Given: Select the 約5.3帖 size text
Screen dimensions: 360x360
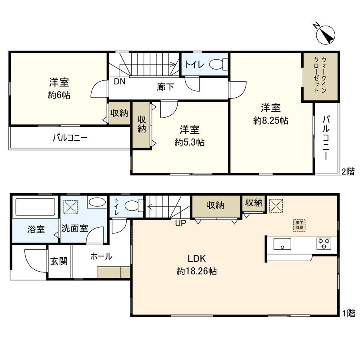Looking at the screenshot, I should click(190, 142).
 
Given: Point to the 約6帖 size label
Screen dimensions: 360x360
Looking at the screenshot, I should click(59, 96).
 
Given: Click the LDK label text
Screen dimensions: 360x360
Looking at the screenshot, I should click(197, 258).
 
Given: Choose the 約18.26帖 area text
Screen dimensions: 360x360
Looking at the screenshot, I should click(197, 272).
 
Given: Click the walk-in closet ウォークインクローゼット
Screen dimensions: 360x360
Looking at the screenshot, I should click(320, 76).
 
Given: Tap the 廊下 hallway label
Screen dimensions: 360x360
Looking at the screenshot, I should click(165, 86).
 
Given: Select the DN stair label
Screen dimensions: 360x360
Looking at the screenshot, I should click(119, 82).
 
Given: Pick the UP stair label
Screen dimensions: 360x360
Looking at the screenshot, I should click(180, 223).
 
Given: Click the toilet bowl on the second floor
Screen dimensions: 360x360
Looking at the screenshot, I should click(218, 64).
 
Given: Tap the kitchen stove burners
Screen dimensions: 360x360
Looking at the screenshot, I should click(324, 243).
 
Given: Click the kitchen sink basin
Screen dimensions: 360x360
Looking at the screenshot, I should click(283, 243).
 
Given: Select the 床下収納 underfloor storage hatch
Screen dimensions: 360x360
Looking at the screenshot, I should click(299, 225).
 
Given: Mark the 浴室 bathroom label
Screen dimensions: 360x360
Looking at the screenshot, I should click(36, 230).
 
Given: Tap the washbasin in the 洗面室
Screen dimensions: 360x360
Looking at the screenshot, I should click(96, 203).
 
